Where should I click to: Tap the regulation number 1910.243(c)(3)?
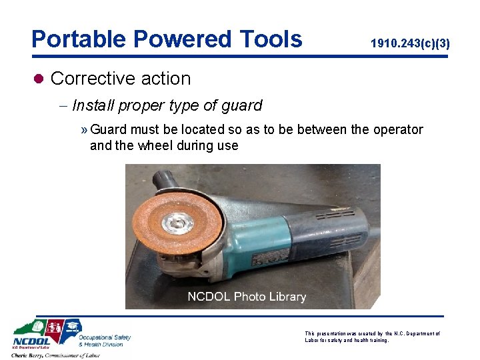[410, 44]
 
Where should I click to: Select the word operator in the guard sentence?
[398, 129]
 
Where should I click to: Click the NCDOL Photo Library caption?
[247, 297]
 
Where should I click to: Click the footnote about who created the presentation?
[372, 337]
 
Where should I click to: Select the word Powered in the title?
[174, 39]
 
